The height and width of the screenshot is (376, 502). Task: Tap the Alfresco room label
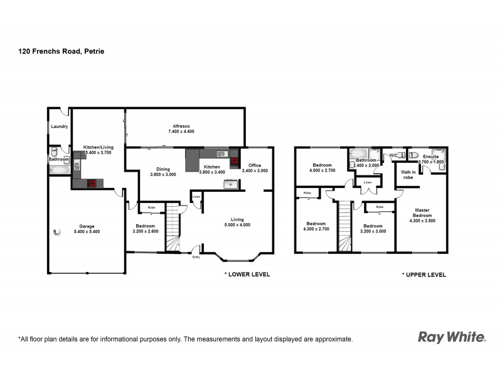click(x=182, y=128)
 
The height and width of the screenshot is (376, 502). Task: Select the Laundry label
click(x=59, y=127)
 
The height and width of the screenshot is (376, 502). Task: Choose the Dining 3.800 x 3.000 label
click(x=163, y=171)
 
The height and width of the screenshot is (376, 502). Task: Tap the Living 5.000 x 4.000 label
click(x=237, y=222)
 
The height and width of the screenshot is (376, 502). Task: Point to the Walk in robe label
click(x=408, y=175)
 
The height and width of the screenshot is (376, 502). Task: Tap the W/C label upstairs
click(x=393, y=155)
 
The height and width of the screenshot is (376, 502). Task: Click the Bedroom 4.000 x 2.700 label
click(x=323, y=167)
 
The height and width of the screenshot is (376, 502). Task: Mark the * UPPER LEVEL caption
click(x=424, y=274)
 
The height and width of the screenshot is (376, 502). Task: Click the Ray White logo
click(x=451, y=337)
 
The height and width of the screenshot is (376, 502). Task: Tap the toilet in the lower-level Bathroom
click(x=55, y=152)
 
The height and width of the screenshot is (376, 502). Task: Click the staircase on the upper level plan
click(x=344, y=226)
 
